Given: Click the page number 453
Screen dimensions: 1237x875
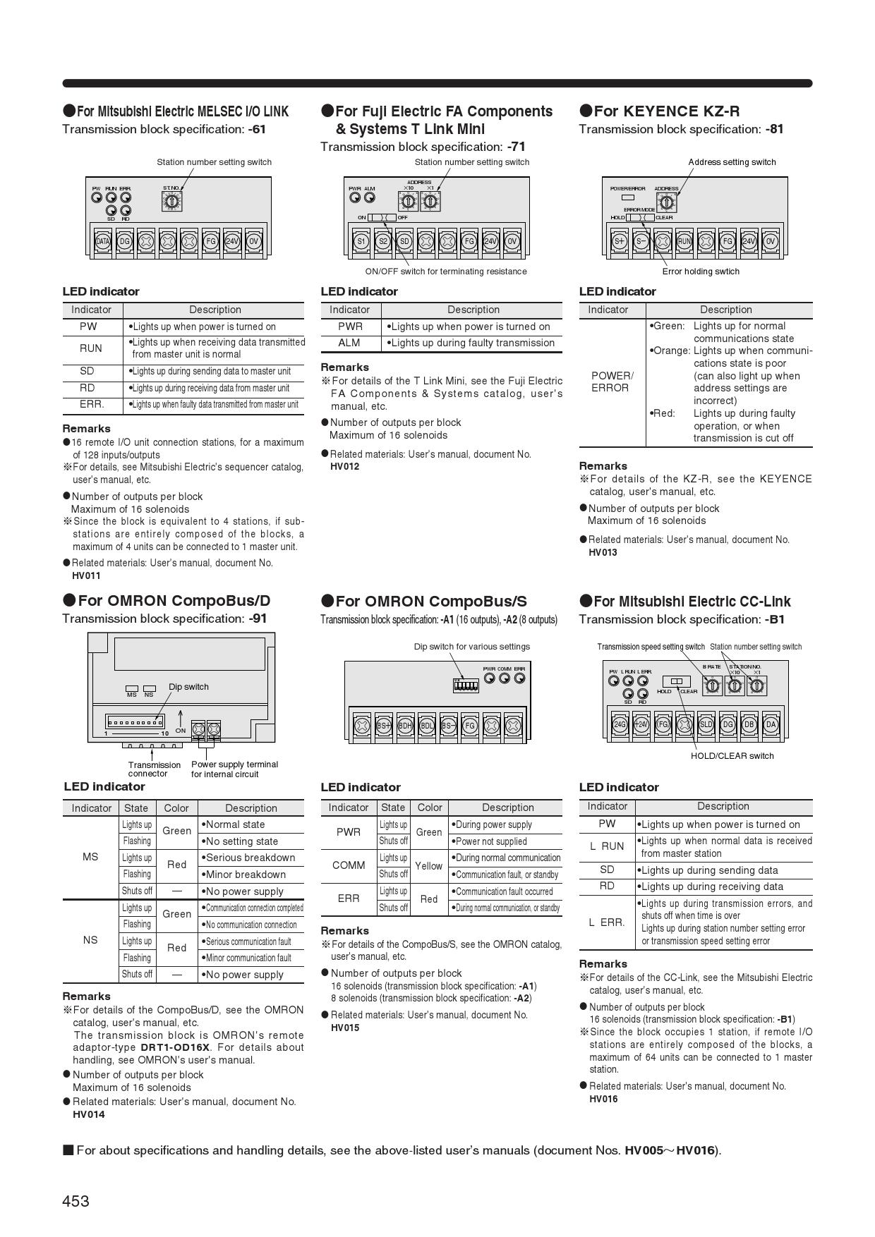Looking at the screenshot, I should coord(76,1200).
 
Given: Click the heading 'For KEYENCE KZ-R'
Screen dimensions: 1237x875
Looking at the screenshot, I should coord(666,111).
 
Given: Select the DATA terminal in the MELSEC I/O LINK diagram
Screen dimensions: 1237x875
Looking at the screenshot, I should coord(103,241).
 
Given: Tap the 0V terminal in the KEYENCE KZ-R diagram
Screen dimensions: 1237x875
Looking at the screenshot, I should coord(770,241).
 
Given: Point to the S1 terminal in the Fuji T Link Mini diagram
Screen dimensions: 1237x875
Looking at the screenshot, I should coord(361,241).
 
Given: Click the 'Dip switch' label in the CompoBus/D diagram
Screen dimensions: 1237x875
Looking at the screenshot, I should coord(188,687).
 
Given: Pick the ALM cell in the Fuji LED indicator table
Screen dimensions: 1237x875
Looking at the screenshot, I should coord(349,343).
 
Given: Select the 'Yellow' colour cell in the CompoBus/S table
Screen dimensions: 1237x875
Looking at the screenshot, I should coord(429,865).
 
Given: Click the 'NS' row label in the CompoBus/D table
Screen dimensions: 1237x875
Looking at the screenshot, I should coord(90,940).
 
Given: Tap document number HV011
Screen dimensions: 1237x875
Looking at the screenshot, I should coord(86,575).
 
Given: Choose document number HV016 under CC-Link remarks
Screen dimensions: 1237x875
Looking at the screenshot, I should coord(603,1099).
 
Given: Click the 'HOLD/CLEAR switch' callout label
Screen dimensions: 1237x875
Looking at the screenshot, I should coord(732,756).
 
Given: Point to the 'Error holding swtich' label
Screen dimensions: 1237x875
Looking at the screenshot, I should coord(701,272).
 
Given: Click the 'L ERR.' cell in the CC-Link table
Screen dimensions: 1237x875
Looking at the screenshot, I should coord(607,922).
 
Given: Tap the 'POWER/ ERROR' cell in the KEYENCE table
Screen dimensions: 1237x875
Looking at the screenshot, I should coord(612,382).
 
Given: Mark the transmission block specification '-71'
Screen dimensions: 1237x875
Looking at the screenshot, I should coord(516,147).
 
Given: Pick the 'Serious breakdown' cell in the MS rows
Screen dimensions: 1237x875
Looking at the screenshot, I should coord(251,858).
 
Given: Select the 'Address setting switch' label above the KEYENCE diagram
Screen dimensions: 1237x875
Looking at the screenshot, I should coord(732,162).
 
